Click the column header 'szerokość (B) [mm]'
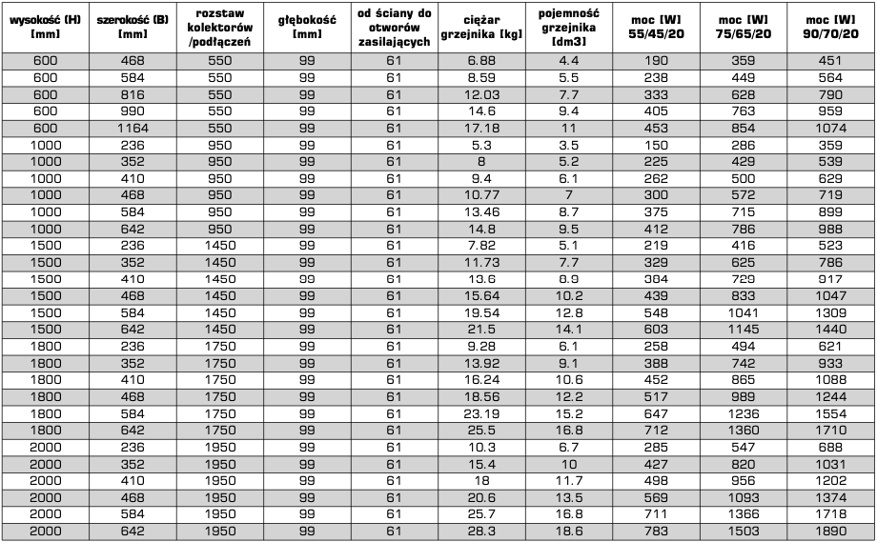pos(133,26)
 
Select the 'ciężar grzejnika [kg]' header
pos(481,26)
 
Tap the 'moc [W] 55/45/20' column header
pos(658,26)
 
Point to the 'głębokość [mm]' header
pos(307,26)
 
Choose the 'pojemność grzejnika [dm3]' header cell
pos(569,26)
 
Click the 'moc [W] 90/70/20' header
pos(830,26)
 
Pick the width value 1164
pos(133,126)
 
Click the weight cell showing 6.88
pos(481,60)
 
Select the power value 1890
pos(830,530)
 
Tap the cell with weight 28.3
pos(481,530)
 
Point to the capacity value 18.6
pos(569,530)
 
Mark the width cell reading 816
pos(133,93)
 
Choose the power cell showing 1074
pos(830,126)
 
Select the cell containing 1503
pos(744,530)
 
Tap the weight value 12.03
pos(481,93)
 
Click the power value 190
pos(658,60)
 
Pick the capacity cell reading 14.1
pos(569,328)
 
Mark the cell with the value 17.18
pos(481,126)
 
